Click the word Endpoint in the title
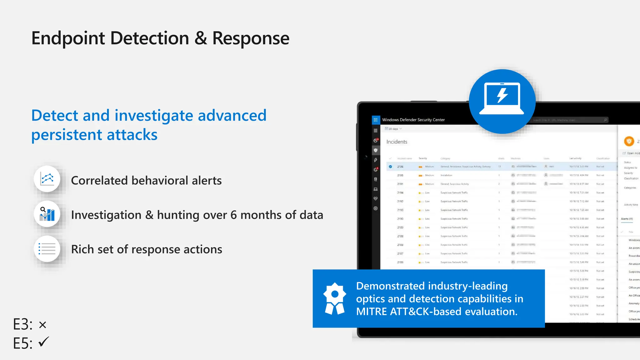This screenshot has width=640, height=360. point(68,38)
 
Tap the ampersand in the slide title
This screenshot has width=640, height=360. point(201,38)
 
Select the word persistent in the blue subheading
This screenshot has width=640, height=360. point(67,135)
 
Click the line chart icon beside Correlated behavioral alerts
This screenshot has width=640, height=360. point(47,179)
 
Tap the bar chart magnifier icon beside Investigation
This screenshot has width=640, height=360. point(47,214)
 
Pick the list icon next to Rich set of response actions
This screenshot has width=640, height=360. point(47,249)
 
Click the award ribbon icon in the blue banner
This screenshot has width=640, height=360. point(334,298)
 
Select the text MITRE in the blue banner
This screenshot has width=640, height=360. point(371,312)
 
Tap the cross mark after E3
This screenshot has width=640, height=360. point(43,325)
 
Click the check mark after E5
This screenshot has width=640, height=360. point(44,342)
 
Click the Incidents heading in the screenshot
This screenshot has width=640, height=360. point(397,142)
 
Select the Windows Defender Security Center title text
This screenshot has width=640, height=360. point(413,120)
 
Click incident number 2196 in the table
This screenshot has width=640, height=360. point(400,167)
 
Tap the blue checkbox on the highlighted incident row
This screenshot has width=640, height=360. point(390,167)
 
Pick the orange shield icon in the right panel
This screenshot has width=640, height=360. point(629,141)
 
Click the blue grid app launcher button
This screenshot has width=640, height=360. point(375,120)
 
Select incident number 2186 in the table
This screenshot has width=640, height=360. point(400,262)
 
